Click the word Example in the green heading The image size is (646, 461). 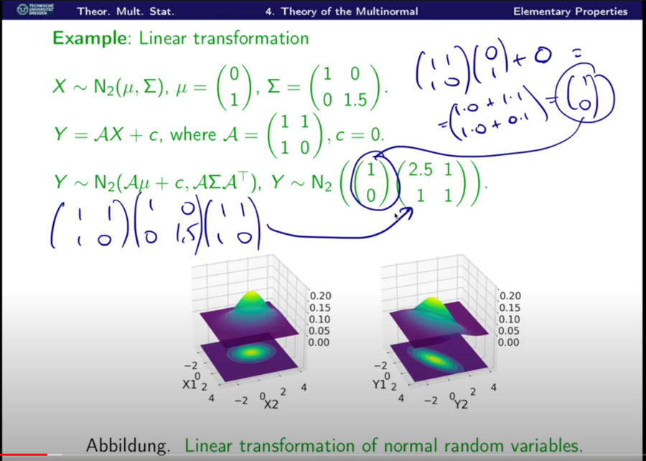tap(89, 39)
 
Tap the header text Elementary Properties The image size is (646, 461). tap(570, 11)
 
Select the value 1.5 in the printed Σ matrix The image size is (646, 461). tap(356, 100)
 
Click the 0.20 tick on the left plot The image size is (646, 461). tap(320, 296)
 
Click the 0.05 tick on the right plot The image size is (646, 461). tap(509, 331)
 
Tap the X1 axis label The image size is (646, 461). tap(189, 385)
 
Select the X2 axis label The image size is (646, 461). tap(271, 404)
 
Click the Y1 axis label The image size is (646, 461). tap(380, 385)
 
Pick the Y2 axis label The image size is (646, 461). tap(461, 404)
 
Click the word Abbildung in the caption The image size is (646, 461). tap(128, 446)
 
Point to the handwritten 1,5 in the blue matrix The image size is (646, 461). tap(186, 237)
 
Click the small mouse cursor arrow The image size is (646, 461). tap(396, 216)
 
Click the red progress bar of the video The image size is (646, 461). tap(24, 455)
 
